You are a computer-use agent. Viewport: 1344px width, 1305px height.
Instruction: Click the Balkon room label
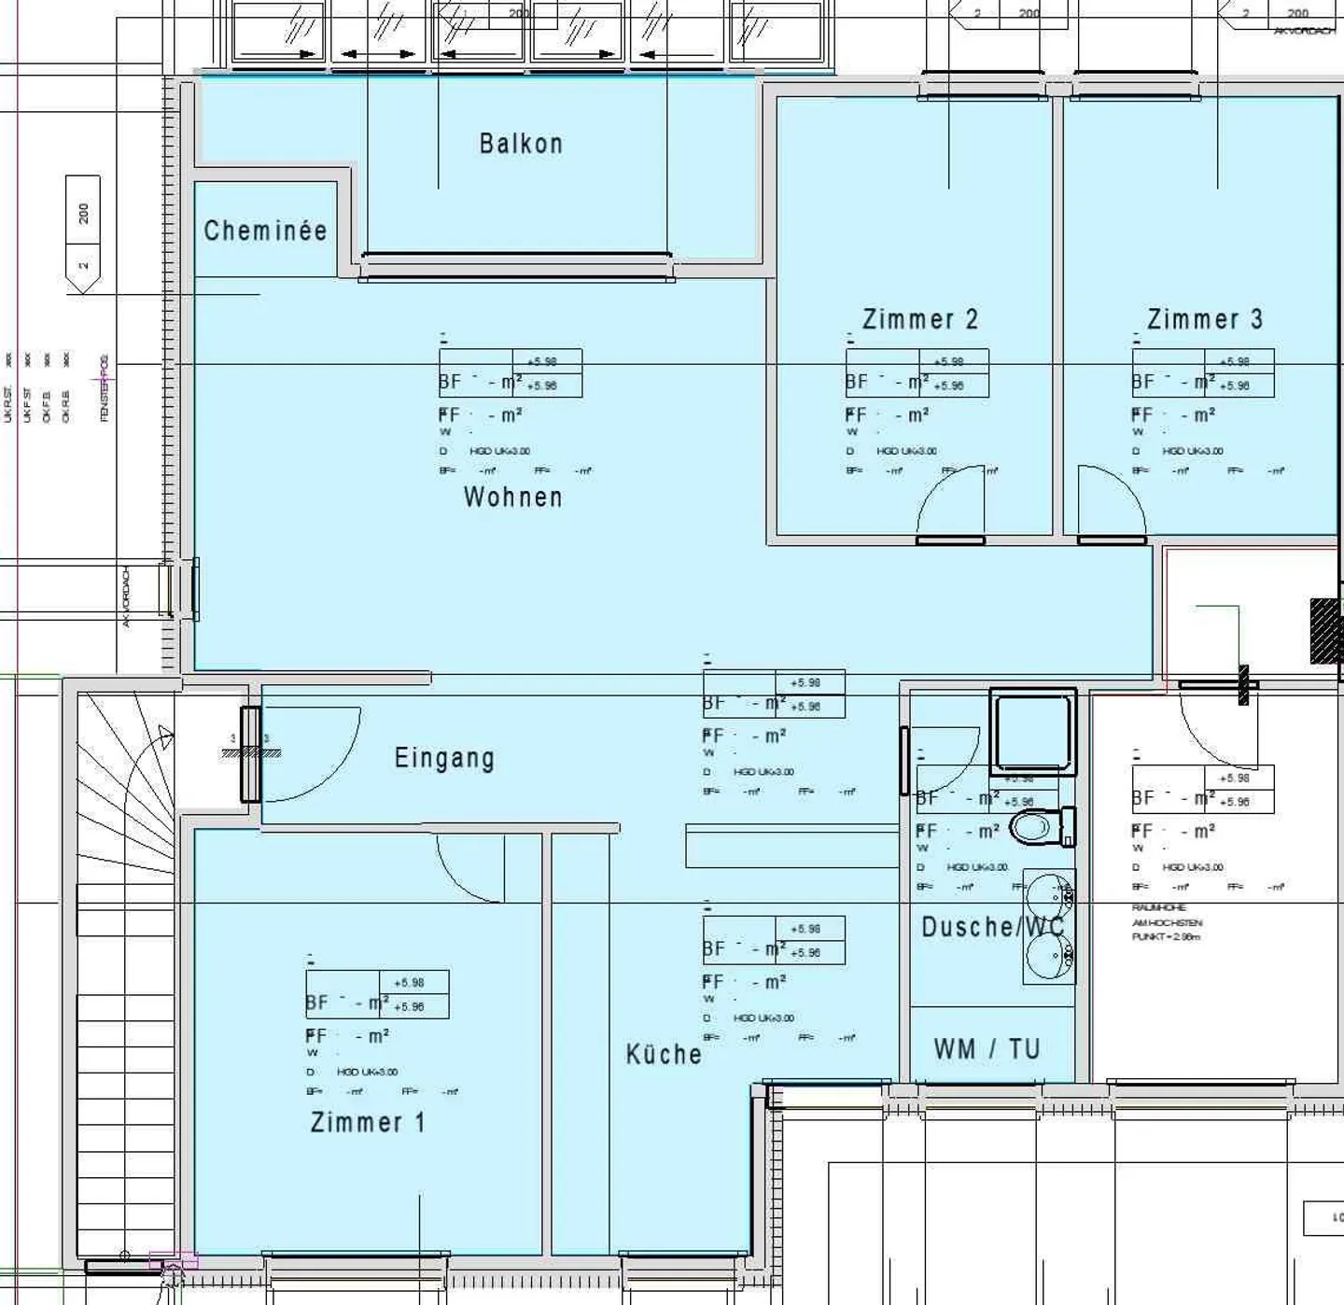click(x=521, y=144)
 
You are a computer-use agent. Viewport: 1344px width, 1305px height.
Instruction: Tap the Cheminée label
click(x=265, y=231)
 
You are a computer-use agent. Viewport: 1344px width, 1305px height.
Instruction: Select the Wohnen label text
click(x=513, y=497)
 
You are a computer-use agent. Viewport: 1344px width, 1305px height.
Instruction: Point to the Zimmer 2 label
click(x=920, y=319)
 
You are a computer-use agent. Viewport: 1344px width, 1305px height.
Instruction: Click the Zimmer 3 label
click(x=1205, y=319)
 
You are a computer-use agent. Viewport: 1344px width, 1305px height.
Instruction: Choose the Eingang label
click(x=444, y=758)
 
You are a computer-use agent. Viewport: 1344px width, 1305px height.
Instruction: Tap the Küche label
click(x=664, y=1055)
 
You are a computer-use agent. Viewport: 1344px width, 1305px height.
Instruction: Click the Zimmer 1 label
click(x=368, y=1122)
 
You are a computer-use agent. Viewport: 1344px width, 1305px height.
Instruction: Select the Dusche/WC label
click(x=992, y=927)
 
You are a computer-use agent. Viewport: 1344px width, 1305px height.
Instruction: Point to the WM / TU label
click(x=987, y=1049)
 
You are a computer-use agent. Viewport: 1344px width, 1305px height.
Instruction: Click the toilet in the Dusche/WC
click(x=1040, y=827)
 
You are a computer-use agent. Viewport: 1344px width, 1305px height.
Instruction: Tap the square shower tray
click(x=1033, y=732)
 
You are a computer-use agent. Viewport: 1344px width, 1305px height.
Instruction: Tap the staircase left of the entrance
click(x=126, y=933)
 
